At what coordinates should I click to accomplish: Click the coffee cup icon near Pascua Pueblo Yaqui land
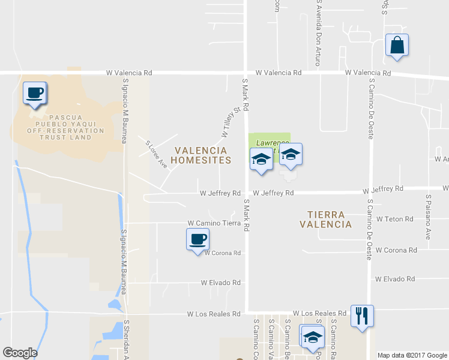tap(35, 94)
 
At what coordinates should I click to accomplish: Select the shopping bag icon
tap(397, 46)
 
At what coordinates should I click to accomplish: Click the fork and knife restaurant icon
tap(362, 316)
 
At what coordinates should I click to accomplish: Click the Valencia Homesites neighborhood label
tap(200, 155)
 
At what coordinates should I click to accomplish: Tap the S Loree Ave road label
tap(157, 154)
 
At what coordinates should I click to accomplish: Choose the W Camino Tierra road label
tap(214, 223)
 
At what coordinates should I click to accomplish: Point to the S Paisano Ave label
tap(428, 217)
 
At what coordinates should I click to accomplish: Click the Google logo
tap(20, 353)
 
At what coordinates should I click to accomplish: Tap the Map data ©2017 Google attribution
tap(412, 355)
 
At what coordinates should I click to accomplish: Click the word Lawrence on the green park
tap(268, 143)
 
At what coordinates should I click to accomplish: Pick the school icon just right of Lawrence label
tap(291, 155)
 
